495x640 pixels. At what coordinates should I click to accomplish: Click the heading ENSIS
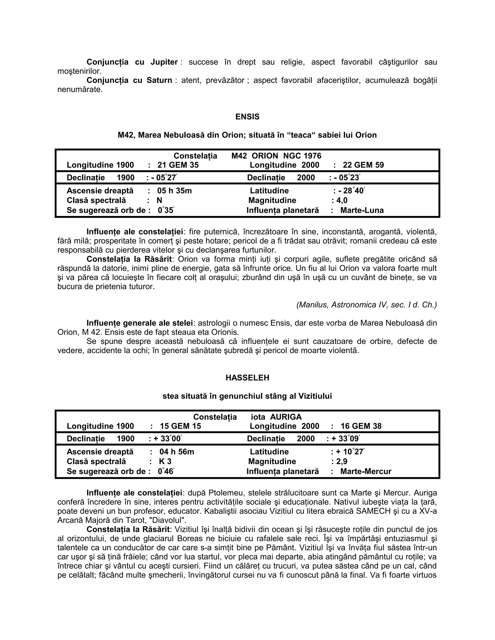(x=247, y=117)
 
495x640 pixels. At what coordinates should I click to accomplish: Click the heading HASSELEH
(x=247, y=378)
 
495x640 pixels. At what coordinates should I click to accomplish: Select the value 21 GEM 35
(x=178, y=165)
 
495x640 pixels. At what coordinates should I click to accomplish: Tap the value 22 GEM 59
(x=363, y=165)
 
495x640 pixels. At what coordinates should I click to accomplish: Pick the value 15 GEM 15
(x=180, y=426)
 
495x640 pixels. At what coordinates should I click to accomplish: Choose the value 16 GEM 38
(x=361, y=426)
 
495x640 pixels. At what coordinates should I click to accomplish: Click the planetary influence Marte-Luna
(x=362, y=210)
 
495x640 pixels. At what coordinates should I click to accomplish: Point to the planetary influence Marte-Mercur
(x=366, y=471)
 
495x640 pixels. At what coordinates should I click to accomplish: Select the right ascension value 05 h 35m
(x=175, y=191)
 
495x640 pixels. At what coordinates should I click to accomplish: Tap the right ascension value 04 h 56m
(x=177, y=452)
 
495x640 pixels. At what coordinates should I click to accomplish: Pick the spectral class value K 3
(x=165, y=462)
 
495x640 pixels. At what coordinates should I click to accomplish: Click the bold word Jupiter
(x=164, y=62)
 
